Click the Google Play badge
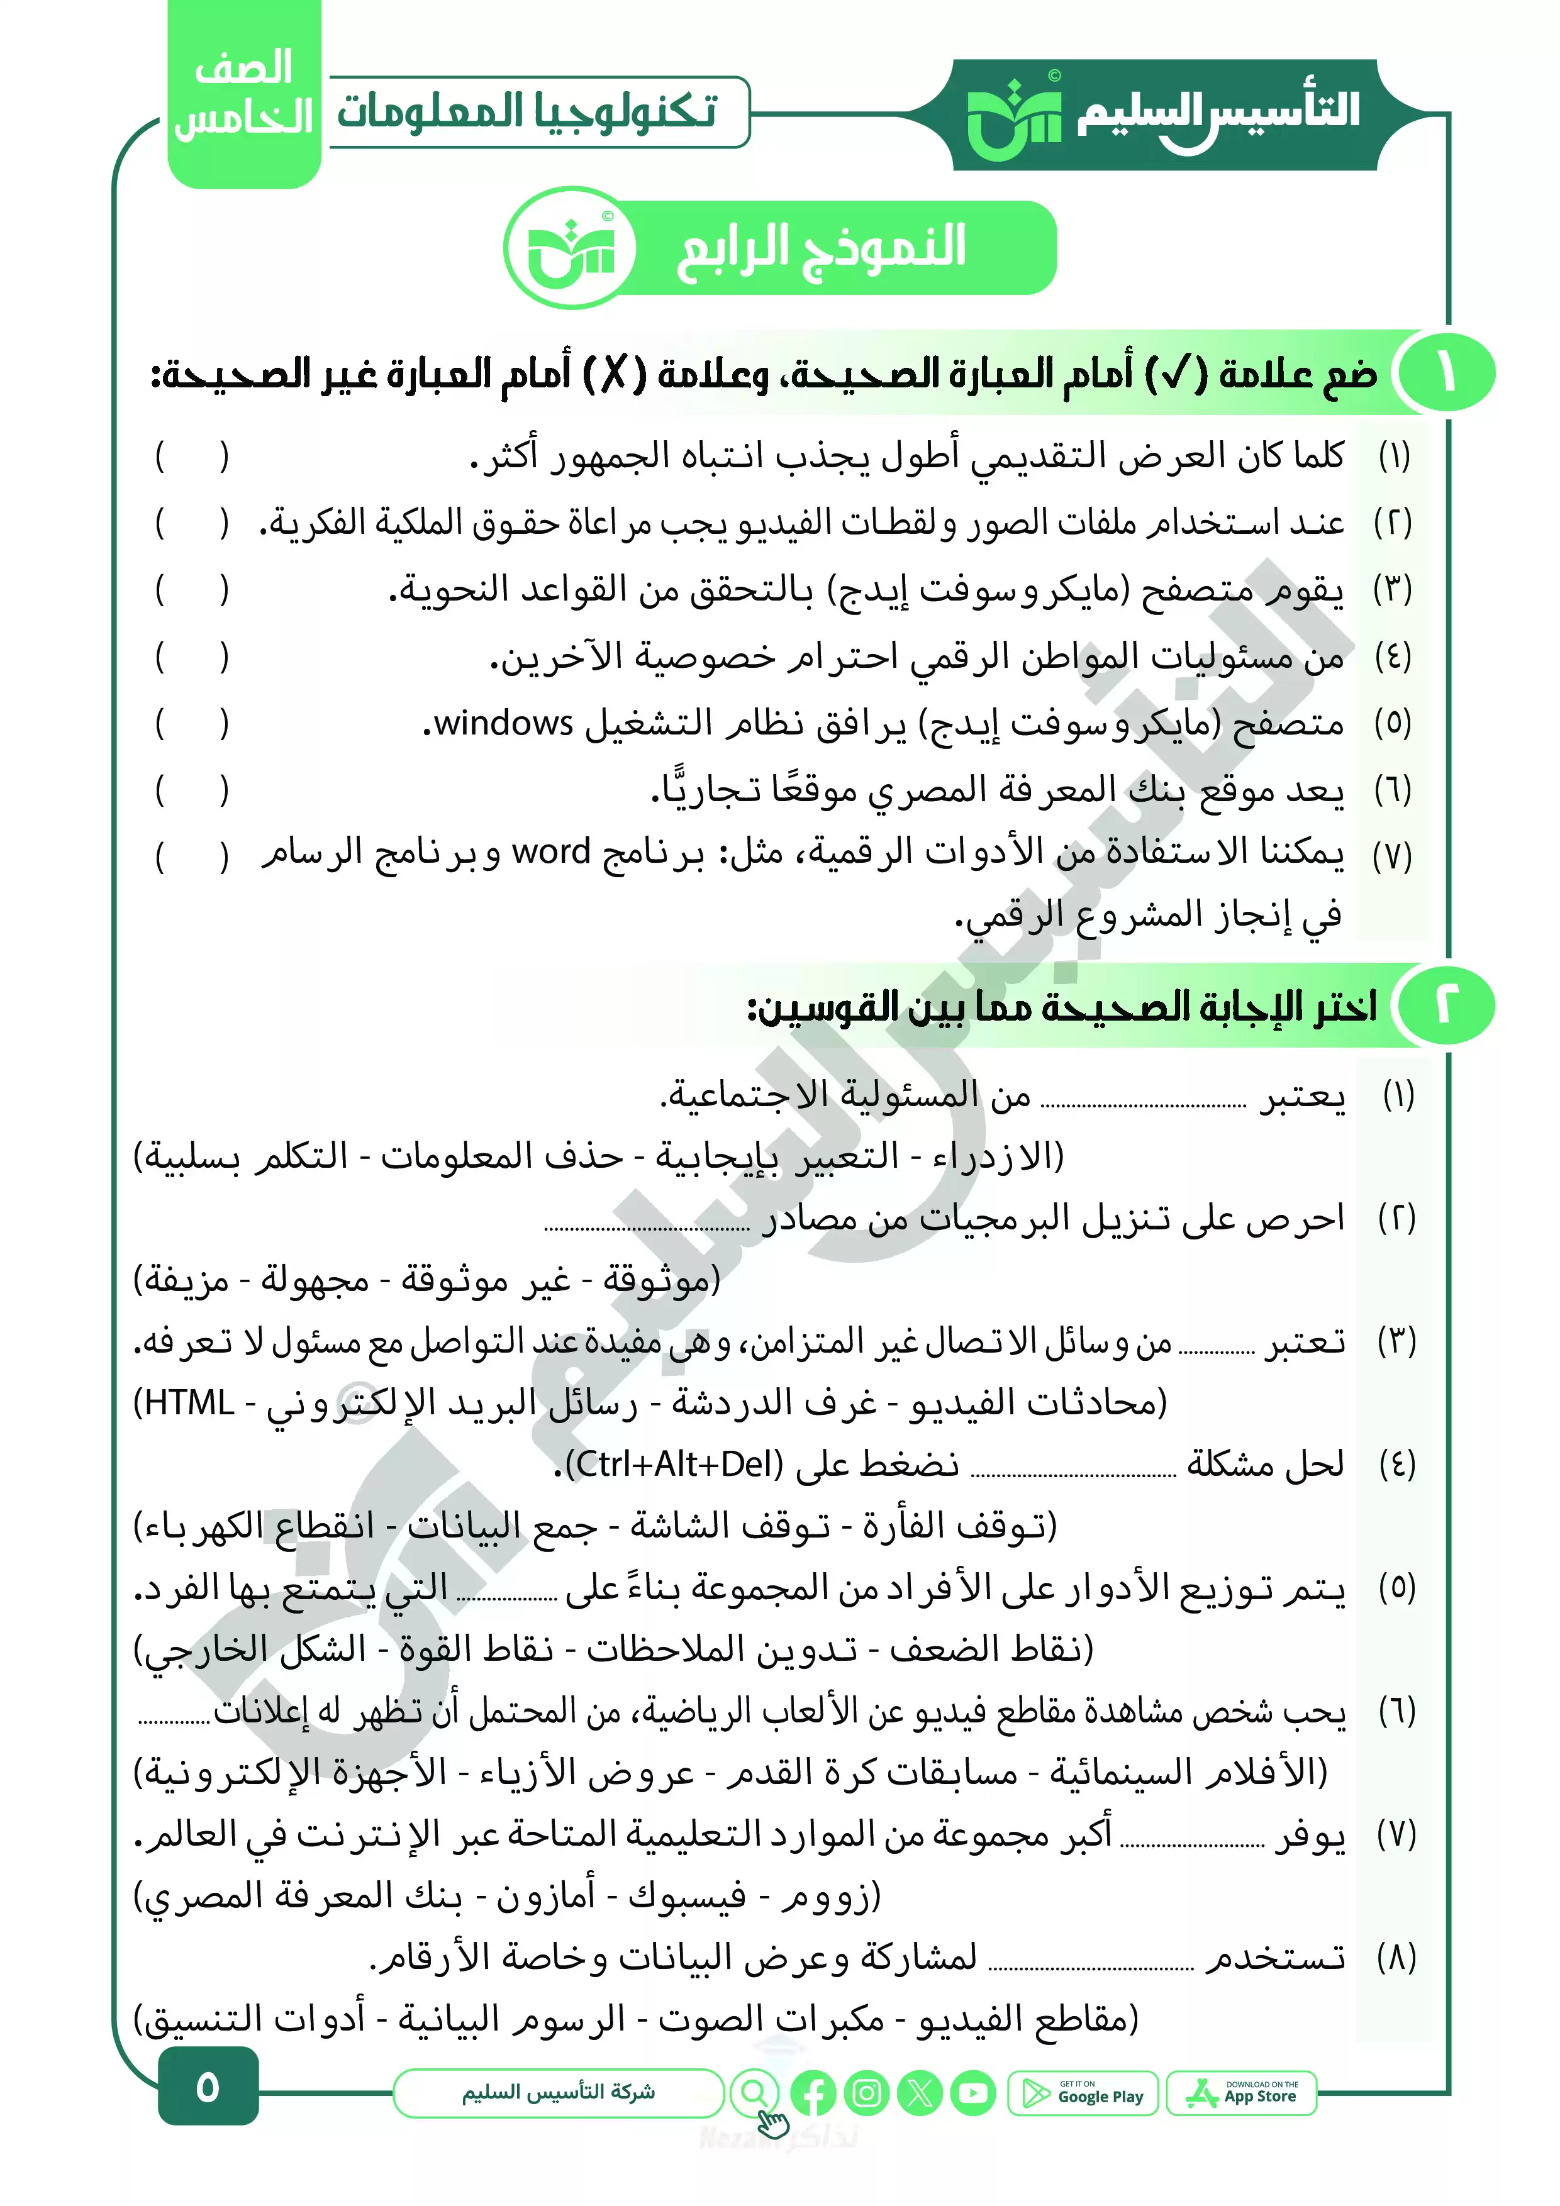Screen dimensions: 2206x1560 (1083, 2093)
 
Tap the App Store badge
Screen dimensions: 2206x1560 (1241, 2093)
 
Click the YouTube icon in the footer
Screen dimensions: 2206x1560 (972, 2093)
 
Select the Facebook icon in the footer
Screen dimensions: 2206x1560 (813, 2093)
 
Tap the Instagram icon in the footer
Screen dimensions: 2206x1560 (866, 2093)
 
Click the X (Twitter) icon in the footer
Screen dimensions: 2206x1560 (920, 2093)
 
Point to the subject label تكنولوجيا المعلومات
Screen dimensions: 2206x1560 (526, 111)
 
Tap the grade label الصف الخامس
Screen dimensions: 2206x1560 (243, 94)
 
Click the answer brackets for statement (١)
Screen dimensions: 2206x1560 (192, 457)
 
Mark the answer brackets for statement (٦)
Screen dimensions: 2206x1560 (192, 790)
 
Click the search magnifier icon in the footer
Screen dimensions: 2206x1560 (755, 2091)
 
